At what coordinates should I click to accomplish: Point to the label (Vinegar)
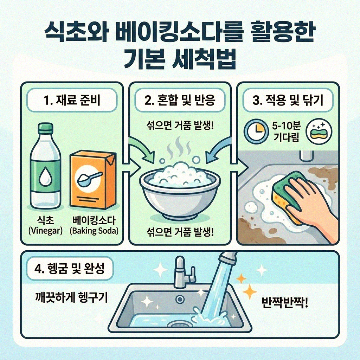coord(45,231)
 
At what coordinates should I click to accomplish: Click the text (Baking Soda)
coord(94,231)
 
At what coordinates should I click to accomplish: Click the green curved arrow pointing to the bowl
coord(141,149)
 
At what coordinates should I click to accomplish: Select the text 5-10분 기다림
coord(285,132)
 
